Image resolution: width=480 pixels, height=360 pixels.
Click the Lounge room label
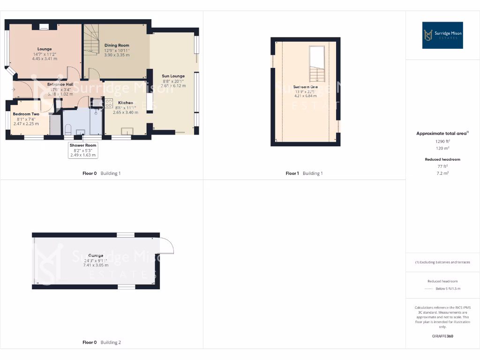(x=45, y=49)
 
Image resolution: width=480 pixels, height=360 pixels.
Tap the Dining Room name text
(x=117, y=45)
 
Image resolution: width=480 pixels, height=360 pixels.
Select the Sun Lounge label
(x=173, y=76)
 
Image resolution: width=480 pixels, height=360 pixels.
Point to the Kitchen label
(x=125, y=103)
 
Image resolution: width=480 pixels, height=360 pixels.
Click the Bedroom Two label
(x=26, y=114)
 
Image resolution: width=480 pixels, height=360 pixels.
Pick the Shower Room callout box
(x=83, y=150)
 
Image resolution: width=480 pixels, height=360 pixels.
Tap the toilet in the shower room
(x=68, y=129)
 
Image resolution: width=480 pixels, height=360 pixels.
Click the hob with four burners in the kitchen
(x=109, y=103)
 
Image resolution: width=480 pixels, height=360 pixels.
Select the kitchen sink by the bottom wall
(x=127, y=131)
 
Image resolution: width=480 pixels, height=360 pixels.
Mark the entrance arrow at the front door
(x=14, y=89)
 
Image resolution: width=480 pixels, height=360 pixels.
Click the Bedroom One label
(x=306, y=87)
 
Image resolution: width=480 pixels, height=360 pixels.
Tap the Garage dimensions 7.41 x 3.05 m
(x=96, y=265)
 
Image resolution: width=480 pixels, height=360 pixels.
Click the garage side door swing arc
(x=167, y=246)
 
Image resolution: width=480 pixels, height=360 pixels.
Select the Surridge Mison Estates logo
(x=442, y=35)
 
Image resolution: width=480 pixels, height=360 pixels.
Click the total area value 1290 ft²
(x=442, y=141)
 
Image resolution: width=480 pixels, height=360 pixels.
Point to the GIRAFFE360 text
(x=442, y=336)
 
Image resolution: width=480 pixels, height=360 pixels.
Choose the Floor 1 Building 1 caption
(x=304, y=173)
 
